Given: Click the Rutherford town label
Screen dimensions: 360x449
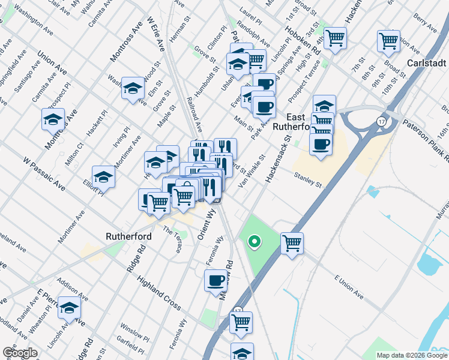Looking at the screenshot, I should point(128,236).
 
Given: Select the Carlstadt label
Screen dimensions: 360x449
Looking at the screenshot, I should point(427,63).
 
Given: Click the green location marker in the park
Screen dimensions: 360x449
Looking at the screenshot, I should point(255,242).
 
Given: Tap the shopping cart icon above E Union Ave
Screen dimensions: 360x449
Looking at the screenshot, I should point(292,244).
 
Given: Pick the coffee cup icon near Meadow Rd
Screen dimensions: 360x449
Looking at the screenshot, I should point(215,280).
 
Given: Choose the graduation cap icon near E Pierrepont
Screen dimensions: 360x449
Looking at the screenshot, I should point(70,308).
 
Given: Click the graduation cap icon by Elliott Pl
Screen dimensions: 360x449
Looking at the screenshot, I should point(103,177).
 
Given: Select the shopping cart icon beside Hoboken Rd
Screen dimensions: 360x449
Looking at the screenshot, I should point(335,38).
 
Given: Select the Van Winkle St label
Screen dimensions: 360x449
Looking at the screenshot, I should point(252,170).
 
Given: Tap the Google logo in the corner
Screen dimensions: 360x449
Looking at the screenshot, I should point(20,353).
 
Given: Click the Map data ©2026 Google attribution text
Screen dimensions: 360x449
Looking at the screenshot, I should point(411,355).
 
